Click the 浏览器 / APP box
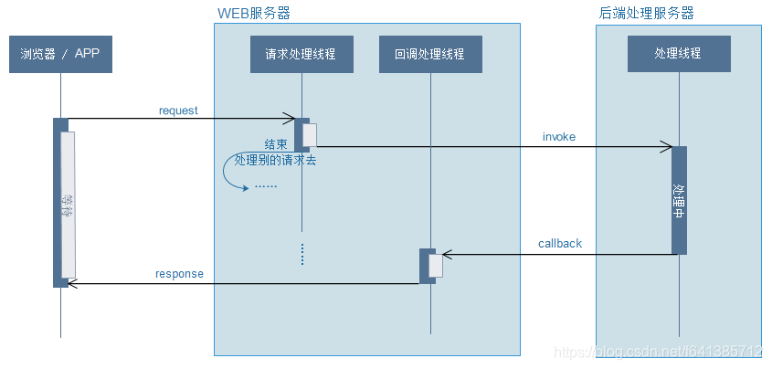(x=60, y=54)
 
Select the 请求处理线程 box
(x=301, y=54)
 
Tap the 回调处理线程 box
(x=429, y=54)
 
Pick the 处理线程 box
(x=679, y=54)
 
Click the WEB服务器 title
(x=254, y=14)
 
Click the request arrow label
(x=178, y=111)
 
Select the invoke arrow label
(x=559, y=136)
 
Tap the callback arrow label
(x=559, y=244)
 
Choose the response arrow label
(x=179, y=273)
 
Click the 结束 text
(x=276, y=144)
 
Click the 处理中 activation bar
(x=679, y=200)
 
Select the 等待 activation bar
(x=68, y=206)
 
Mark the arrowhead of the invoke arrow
(x=668, y=146)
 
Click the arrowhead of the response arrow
(x=73, y=284)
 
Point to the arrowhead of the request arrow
(x=291, y=119)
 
